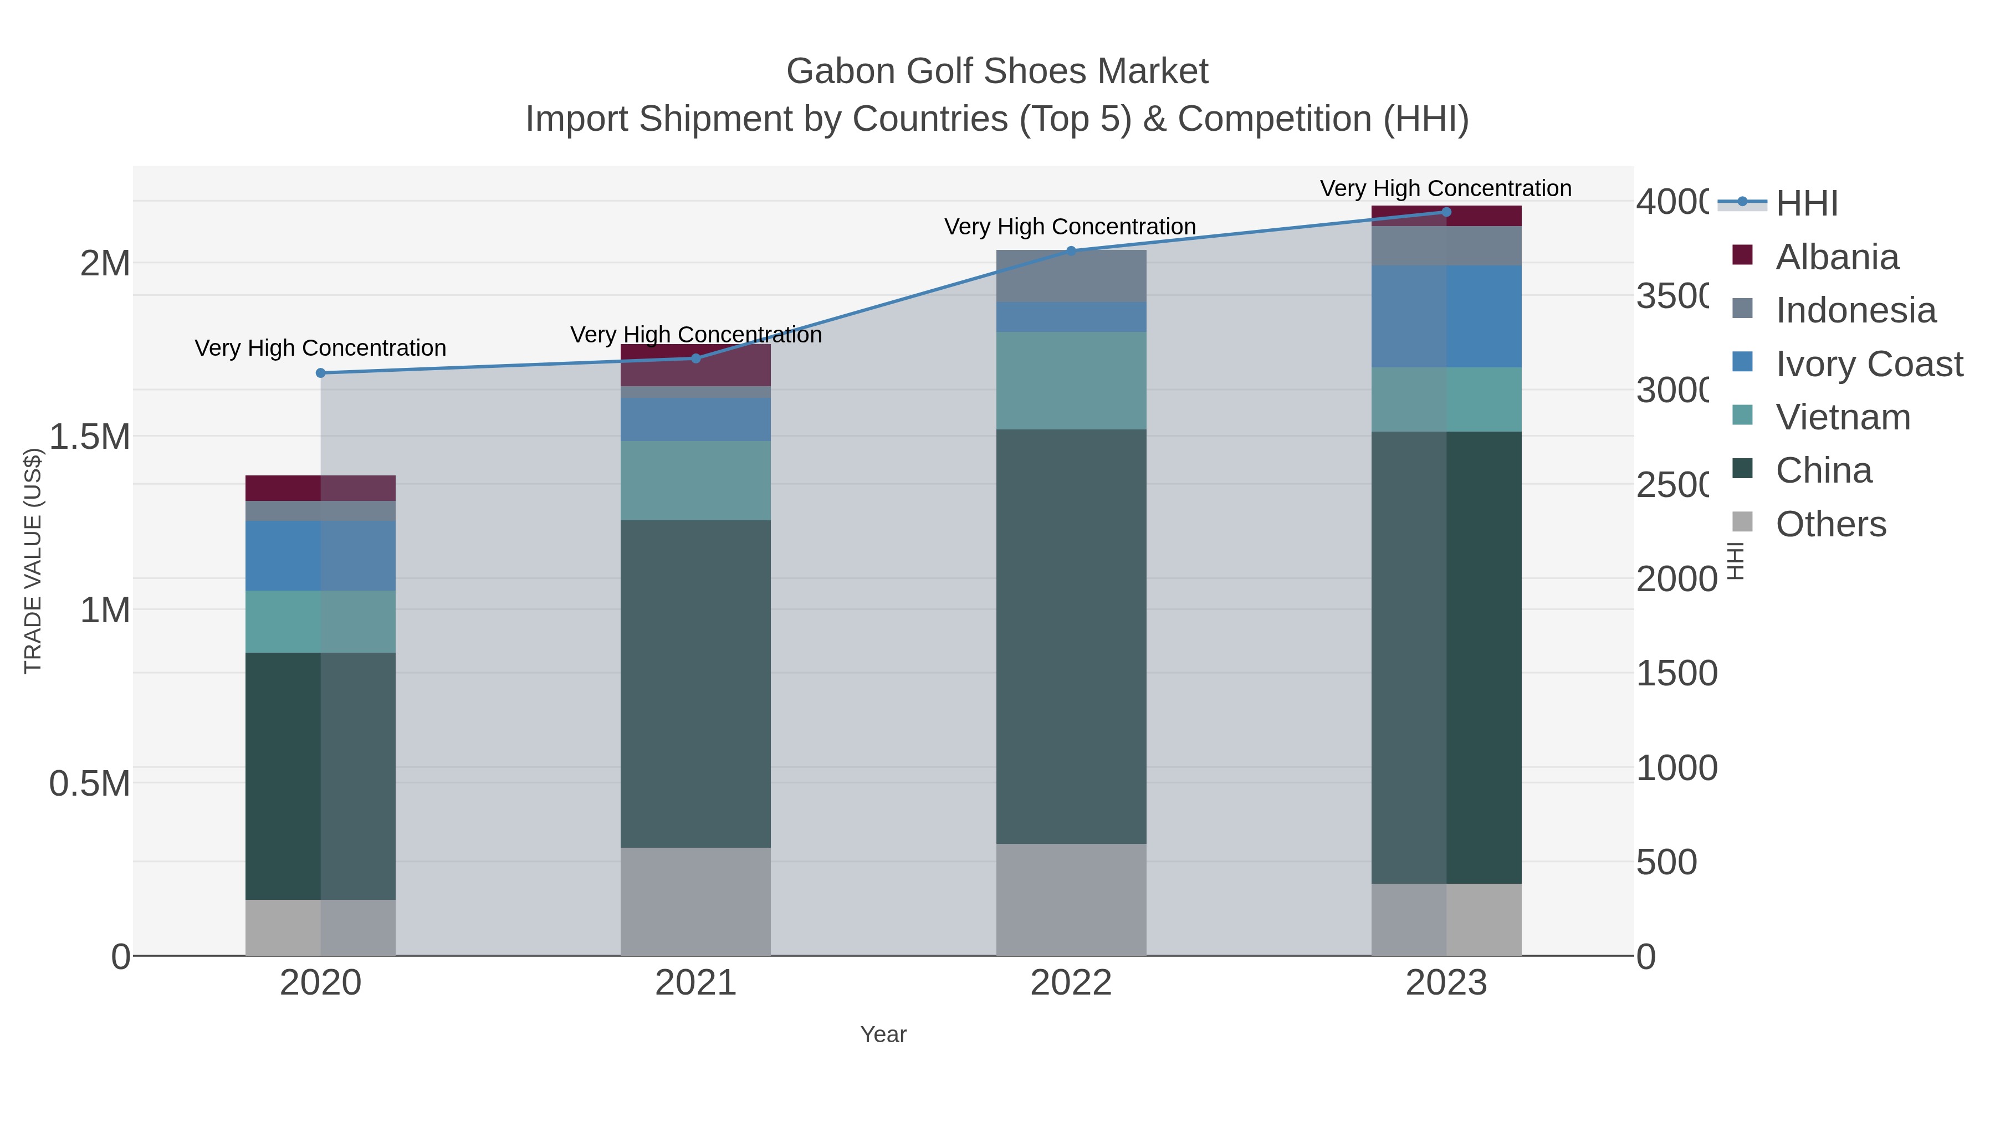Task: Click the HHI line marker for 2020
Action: coord(321,373)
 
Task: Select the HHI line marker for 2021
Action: coord(695,358)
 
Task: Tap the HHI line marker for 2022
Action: coord(1071,251)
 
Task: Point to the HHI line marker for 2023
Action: coord(1446,212)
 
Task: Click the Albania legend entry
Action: coord(1837,257)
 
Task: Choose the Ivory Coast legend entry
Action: coord(1869,364)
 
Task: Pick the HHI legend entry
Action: coord(1806,204)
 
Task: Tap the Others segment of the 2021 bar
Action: coord(695,901)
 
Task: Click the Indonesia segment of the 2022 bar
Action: coord(1071,276)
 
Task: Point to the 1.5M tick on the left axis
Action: coord(89,437)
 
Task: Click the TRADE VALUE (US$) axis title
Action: coord(33,561)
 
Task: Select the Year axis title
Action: coord(883,1034)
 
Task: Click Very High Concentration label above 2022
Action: coord(1070,227)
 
